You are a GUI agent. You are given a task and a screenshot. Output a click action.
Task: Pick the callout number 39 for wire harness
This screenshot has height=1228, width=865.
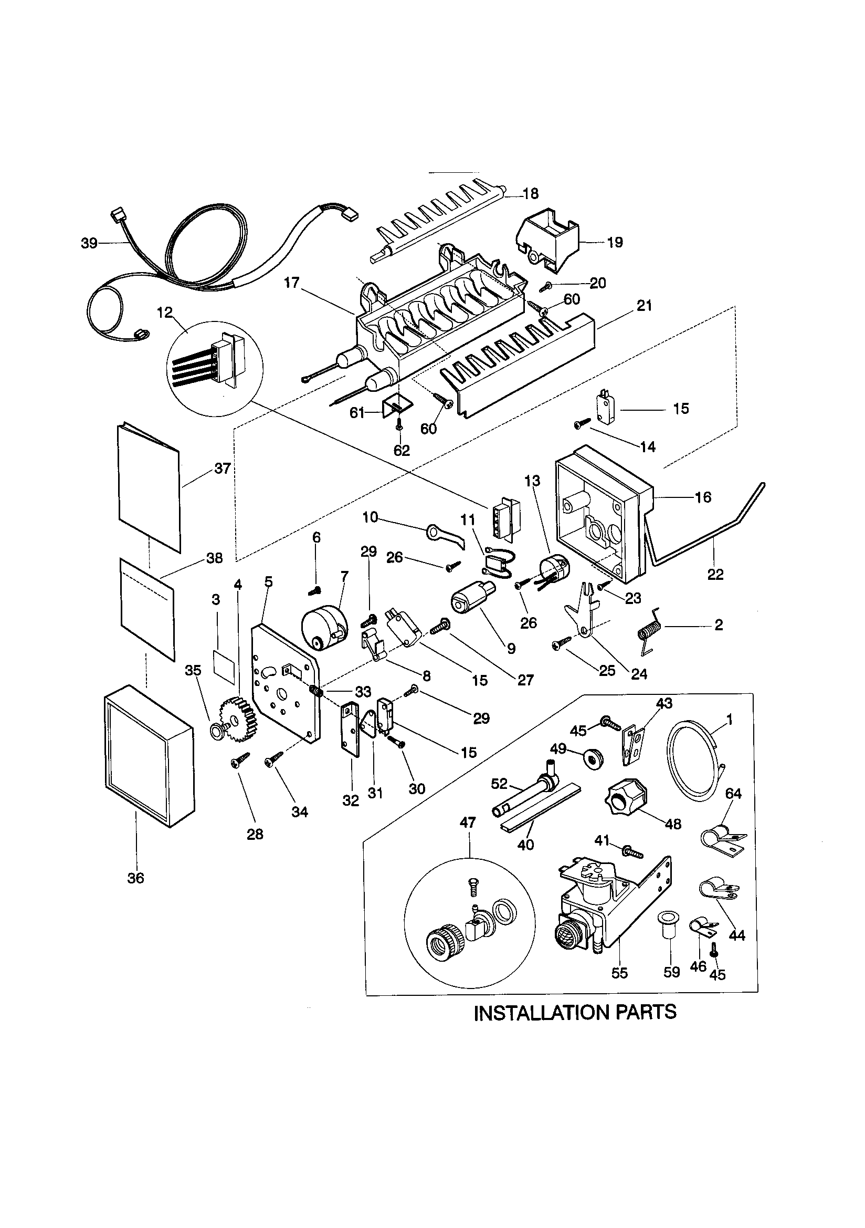click(89, 243)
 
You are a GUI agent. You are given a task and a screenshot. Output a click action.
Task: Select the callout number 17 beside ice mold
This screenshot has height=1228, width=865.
click(291, 283)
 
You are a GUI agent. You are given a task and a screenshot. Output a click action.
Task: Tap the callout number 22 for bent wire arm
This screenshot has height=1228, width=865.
click(715, 575)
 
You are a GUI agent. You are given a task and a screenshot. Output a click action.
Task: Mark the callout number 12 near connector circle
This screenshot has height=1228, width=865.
click(165, 312)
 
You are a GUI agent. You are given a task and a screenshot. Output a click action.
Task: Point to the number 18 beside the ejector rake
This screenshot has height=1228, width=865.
click(530, 194)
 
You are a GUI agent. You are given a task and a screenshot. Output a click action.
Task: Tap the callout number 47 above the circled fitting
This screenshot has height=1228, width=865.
click(467, 823)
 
